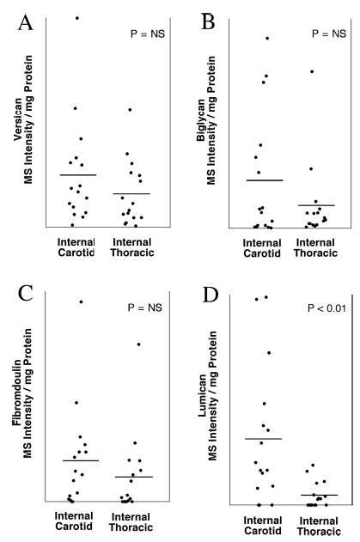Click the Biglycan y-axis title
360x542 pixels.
[x=213, y=136]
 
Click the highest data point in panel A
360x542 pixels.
[x=76, y=17]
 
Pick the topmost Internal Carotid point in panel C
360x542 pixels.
[x=81, y=301]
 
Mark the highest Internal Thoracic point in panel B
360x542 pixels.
[x=312, y=71]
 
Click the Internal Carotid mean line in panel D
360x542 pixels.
[x=264, y=439]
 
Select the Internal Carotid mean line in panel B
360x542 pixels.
[x=264, y=180]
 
